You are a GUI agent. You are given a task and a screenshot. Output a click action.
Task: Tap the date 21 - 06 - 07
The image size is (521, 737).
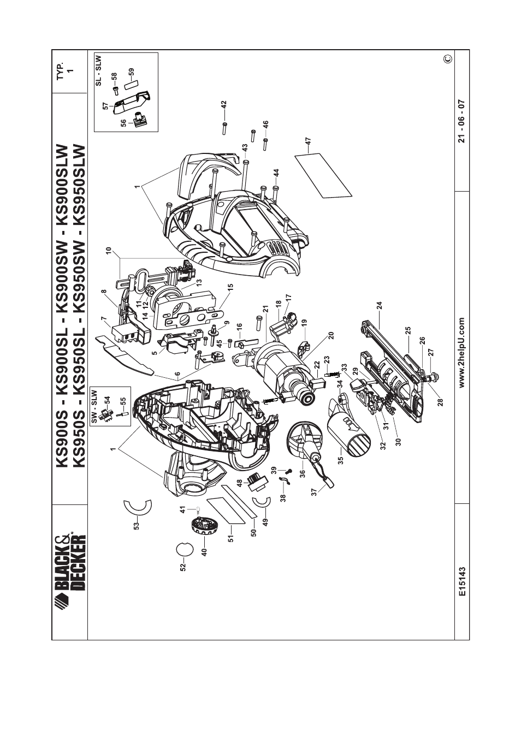coord(462,121)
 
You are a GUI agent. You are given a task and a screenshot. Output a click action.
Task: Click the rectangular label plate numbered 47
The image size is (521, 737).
coord(324,176)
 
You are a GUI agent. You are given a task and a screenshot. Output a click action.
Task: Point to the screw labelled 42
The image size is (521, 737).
coord(224,128)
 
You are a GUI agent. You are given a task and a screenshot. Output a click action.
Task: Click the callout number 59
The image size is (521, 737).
coord(131,73)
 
